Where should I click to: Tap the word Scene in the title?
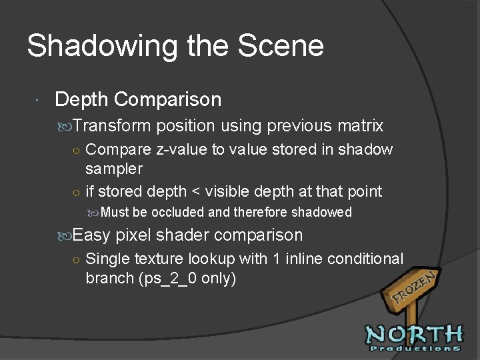pyautogui.click(x=281, y=46)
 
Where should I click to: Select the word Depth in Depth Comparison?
pyautogui.click(x=81, y=99)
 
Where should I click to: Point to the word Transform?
pyautogui.click(x=113, y=125)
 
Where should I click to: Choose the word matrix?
pyautogui.click(x=361, y=125)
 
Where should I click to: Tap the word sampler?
pyautogui.click(x=114, y=169)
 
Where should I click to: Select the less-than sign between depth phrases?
pyautogui.click(x=196, y=192)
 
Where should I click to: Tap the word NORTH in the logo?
pyautogui.click(x=414, y=334)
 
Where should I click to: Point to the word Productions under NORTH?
pyautogui.click(x=414, y=348)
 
